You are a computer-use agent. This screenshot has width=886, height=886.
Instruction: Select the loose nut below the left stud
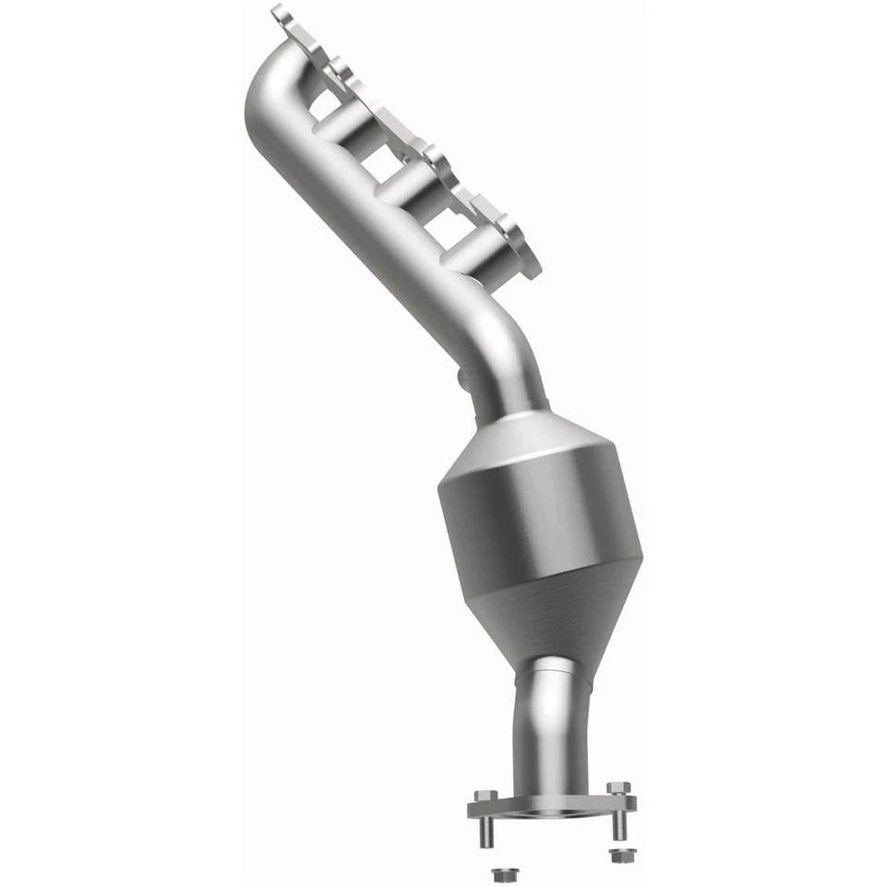click(502, 872)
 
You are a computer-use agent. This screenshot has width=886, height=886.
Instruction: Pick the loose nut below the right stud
click(618, 854)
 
